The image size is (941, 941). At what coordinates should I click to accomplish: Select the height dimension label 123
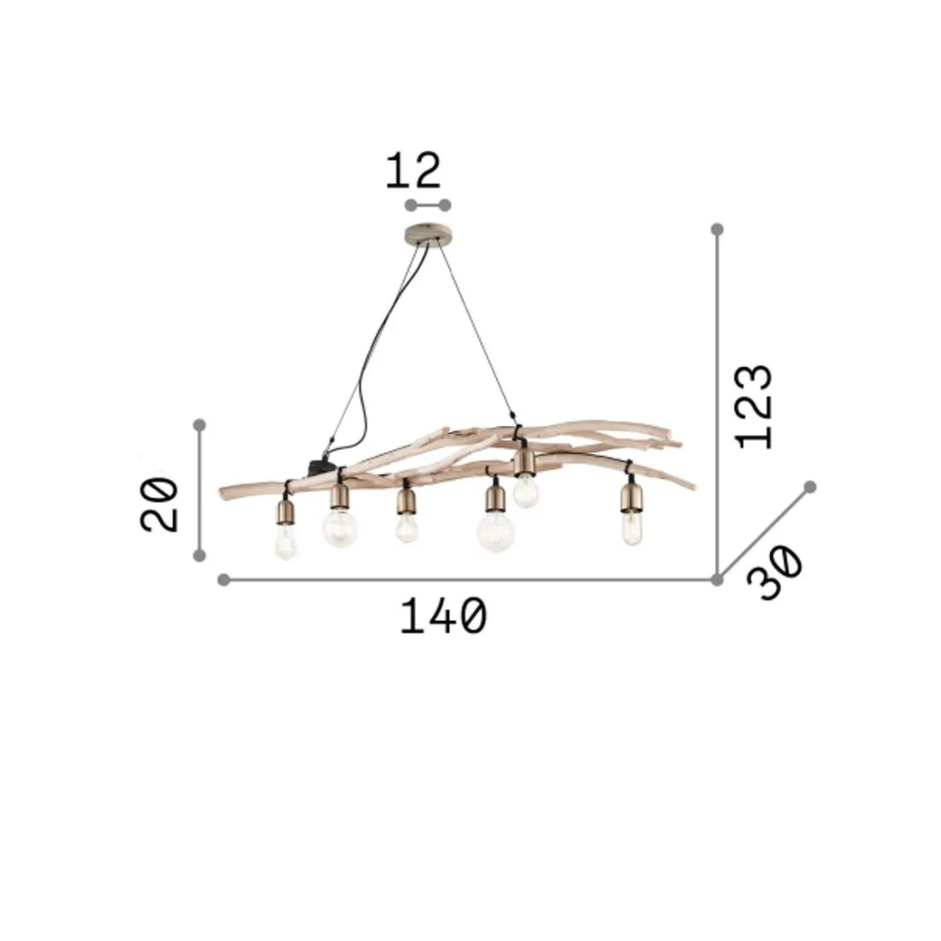(755, 406)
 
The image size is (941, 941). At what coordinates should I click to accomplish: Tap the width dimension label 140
(443, 616)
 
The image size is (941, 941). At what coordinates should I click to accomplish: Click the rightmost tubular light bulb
(631, 529)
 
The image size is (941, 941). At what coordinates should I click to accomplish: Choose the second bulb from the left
(340, 527)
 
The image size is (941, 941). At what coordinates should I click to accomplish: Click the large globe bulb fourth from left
(496, 531)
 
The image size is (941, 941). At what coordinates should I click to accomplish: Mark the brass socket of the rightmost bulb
(631, 497)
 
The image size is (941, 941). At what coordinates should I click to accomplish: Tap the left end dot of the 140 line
(224, 580)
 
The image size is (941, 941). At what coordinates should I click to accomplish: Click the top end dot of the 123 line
(718, 229)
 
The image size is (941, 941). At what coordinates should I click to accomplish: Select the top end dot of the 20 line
(199, 424)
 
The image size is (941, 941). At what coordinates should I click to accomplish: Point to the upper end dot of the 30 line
(810, 487)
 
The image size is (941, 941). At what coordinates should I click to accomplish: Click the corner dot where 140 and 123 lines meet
(718, 580)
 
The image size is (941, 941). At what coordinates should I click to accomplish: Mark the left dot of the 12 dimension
(411, 205)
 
